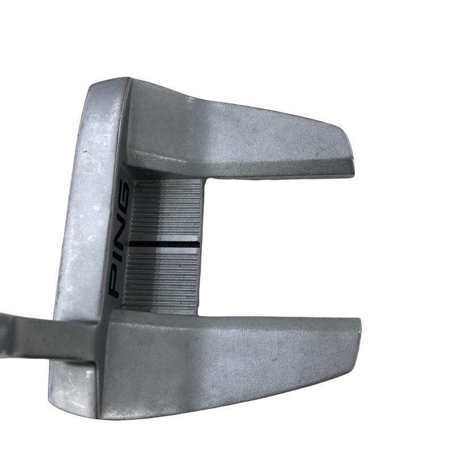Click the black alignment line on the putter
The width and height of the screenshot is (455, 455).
coord(164,245)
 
